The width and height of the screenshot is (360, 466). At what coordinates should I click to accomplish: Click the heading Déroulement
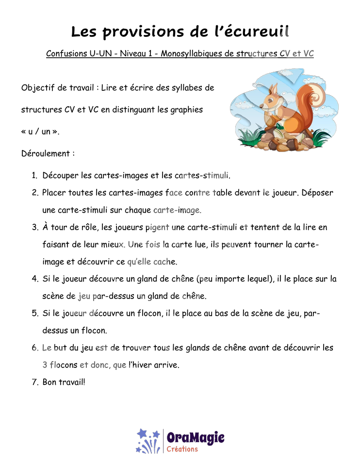(x=46, y=153)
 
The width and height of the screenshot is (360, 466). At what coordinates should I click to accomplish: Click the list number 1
(x=34, y=175)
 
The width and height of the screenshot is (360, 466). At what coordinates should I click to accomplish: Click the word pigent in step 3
(x=157, y=228)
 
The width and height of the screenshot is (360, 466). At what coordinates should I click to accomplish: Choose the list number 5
(x=35, y=313)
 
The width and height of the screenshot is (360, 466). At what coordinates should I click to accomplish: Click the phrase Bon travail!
(x=64, y=382)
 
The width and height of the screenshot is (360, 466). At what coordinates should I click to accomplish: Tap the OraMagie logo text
(x=196, y=437)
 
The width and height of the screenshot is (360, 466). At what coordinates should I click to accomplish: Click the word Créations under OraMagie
(x=182, y=449)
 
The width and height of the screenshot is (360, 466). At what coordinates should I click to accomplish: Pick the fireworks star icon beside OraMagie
(x=148, y=441)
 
